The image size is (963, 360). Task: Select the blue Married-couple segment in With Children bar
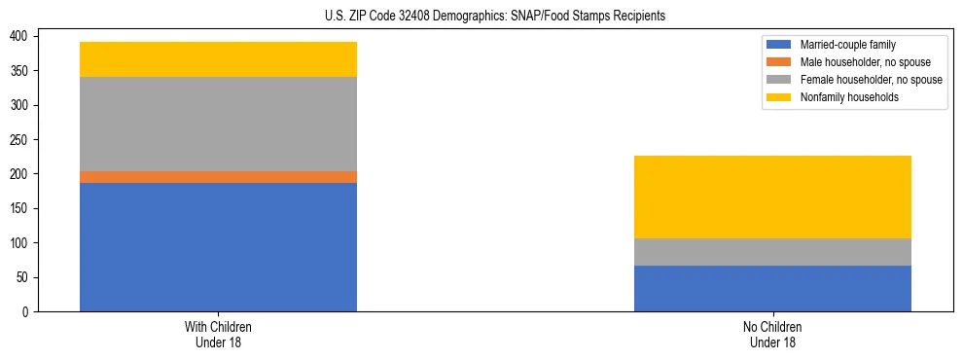pyautogui.click(x=218, y=247)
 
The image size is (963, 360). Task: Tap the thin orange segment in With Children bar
pyautogui.click(x=218, y=177)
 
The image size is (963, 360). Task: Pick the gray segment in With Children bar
pyautogui.click(x=218, y=124)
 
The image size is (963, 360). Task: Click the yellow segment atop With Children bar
pyautogui.click(x=218, y=59)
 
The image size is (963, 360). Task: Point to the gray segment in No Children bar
pyautogui.click(x=772, y=252)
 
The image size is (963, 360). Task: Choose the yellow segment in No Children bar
pyautogui.click(x=772, y=197)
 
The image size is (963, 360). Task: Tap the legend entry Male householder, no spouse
pyautogui.click(x=856, y=62)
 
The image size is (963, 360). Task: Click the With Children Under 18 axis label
pyautogui.click(x=218, y=334)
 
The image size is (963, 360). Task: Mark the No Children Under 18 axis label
pyautogui.click(x=772, y=334)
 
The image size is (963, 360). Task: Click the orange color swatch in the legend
pyautogui.click(x=779, y=62)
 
